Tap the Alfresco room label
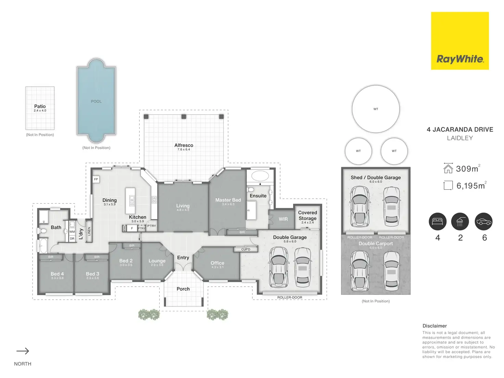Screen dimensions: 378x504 [x=184, y=146]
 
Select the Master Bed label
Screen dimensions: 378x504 [x=228, y=200]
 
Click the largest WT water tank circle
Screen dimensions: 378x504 [x=376, y=109]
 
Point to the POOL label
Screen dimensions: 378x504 [x=96, y=101]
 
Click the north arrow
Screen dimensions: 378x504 [x=23, y=351]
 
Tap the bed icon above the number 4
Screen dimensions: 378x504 [x=438, y=222]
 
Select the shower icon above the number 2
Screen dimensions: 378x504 [x=460, y=222]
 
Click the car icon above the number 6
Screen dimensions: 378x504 [x=484, y=222]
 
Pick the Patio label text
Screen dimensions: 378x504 [x=40, y=106]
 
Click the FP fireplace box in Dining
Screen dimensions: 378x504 [x=96, y=179]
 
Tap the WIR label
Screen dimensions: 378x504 [x=283, y=219]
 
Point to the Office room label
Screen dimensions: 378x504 [x=217, y=263]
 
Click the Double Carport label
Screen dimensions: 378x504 [x=376, y=243]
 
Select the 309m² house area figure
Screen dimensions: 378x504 [x=467, y=169]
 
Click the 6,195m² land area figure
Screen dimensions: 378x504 [x=471, y=186]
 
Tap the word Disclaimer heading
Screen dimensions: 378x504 [x=434, y=326]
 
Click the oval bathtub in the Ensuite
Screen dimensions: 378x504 [x=260, y=176]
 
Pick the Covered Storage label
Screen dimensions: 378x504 [x=307, y=215]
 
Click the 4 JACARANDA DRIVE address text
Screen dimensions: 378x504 [x=460, y=129]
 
